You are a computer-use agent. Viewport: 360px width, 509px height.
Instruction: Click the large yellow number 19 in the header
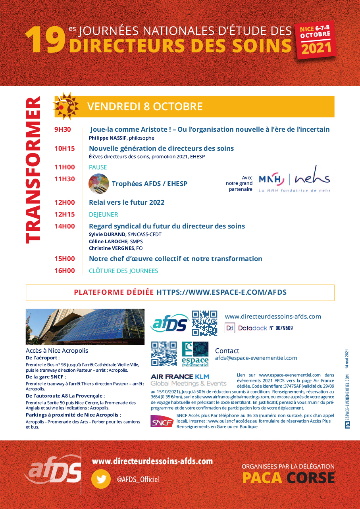coord(45,40)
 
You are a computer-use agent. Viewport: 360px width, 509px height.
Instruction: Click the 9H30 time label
coord(63,129)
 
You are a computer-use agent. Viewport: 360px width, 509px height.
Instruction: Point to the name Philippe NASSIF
coord(108,138)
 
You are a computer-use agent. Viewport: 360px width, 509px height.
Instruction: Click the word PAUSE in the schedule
coord(98,167)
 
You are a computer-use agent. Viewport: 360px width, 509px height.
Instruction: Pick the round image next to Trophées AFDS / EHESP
coord(99,184)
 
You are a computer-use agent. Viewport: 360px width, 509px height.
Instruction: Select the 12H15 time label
coord(65,215)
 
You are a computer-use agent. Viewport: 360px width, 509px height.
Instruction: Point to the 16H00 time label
coord(65,271)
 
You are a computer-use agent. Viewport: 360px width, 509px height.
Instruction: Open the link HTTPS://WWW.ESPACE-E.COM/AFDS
coord(221,293)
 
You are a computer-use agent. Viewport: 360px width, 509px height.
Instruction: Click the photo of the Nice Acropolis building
coord(85,327)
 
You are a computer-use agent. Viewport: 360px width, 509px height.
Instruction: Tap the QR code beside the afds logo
coord(204,323)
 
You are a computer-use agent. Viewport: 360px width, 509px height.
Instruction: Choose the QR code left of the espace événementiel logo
coord(164,354)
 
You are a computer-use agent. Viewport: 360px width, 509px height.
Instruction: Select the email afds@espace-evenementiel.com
coord(256,358)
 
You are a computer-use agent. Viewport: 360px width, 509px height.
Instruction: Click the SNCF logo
coord(162,421)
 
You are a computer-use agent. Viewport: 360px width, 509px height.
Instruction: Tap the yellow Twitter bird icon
coord(101,479)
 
